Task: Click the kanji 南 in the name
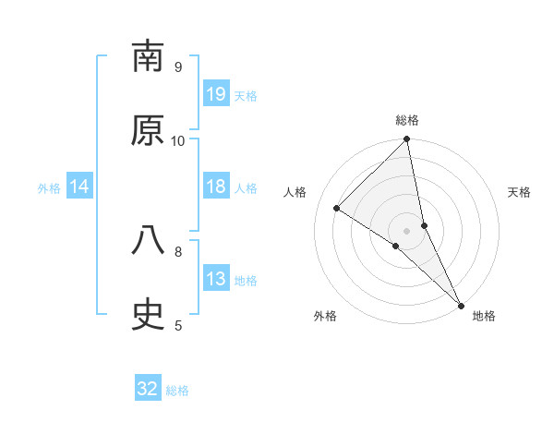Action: pos(148,58)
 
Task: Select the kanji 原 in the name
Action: pos(148,132)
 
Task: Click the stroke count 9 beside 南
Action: pos(178,67)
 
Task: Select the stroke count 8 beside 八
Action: pos(178,250)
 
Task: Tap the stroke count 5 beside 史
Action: pos(178,325)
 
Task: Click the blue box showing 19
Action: pos(216,94)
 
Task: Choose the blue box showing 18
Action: pos(216,187)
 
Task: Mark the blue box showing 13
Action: pos(216,279)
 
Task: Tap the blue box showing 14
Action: pos(79,187)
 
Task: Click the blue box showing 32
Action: pos(148,389)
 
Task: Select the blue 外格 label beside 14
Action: pos(49,188)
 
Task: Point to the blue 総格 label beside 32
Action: pos(177,391)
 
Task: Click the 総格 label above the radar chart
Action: pos(407,121)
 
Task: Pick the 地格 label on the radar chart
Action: pos(484,317)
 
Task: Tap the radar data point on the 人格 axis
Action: pos(337,209)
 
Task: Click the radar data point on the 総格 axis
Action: pos(407,140)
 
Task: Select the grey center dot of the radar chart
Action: pos(407,230)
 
